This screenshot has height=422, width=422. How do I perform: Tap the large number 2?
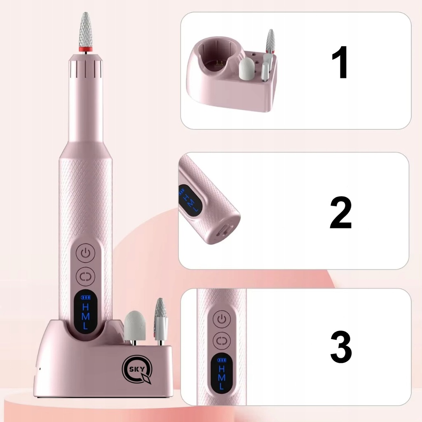[x=341, y=212]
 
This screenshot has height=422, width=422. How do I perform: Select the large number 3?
[x=341, y=347]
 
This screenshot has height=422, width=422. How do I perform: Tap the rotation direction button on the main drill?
[x=85, y=276]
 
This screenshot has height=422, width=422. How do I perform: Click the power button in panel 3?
[x=221, y=319]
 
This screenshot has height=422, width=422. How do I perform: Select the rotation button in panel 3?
[x=221, y=341]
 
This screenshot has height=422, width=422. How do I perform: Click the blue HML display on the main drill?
[x=85, y=312]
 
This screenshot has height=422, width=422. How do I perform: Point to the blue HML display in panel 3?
[x=221, y=373]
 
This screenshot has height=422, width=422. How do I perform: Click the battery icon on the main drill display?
[x=86, y=298]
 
